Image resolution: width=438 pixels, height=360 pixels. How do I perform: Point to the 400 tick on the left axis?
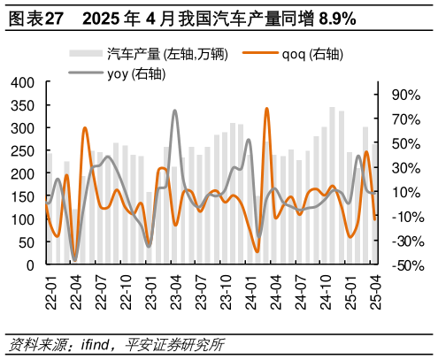[22, 82]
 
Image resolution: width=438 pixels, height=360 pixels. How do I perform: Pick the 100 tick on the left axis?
[22, 219]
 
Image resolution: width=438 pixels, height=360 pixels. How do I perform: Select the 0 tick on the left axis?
[29, 265]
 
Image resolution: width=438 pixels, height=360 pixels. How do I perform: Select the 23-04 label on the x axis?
[176, 288]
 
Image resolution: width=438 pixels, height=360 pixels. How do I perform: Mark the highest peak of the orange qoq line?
[267, 109]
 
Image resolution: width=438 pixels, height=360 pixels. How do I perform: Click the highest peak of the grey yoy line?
[175, 111]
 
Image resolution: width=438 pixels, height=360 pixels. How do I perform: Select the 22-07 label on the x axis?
[100, 288]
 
